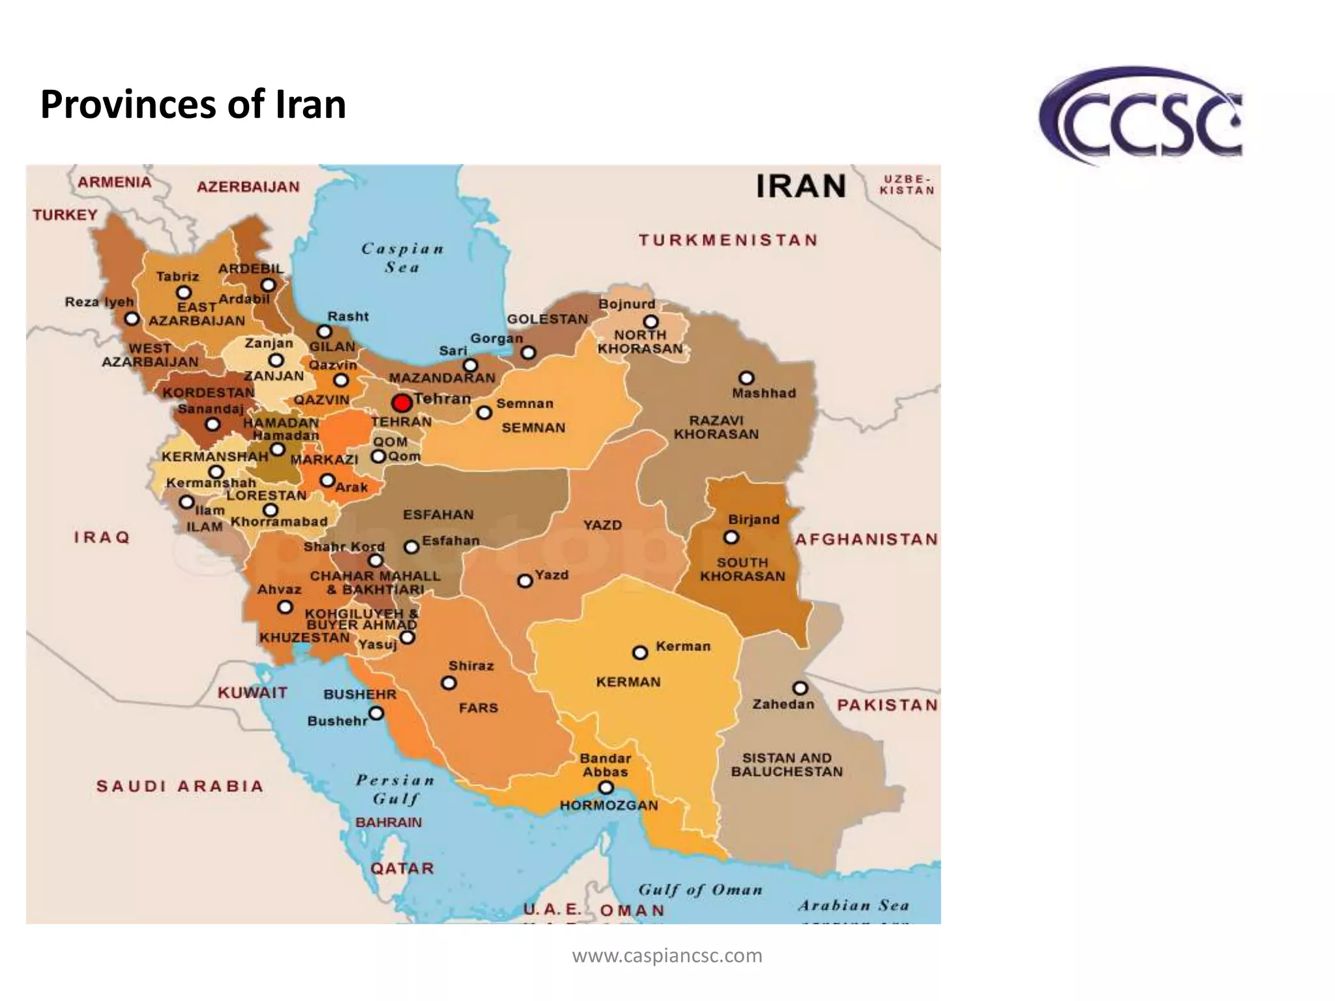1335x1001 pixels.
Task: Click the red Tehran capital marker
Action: point(402,403)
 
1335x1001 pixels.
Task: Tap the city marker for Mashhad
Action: point(746,378)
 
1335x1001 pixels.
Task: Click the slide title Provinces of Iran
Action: point(193,104)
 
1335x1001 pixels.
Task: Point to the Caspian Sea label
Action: point(402,257)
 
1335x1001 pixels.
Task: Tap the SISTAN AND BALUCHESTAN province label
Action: point(787,765)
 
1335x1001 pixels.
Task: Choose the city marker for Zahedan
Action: point(800,688)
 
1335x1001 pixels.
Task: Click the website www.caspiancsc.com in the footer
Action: point(667,955)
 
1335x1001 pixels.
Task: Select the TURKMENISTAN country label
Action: point(728,240)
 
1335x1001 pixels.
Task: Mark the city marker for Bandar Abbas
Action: point(606,788)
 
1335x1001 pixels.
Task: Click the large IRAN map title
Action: point(800,186)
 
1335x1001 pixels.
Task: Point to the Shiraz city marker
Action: point(448,683)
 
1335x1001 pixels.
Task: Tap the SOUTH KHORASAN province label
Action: point(742,569)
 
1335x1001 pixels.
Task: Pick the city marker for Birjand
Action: point(731,538)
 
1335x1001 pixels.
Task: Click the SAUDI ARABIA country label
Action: point(180,786)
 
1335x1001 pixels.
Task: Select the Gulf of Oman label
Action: point(700,890)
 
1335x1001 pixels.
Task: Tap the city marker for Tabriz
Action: point(184,293)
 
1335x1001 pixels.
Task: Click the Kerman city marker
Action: point(640,652)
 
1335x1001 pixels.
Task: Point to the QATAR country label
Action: point(402,868)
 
